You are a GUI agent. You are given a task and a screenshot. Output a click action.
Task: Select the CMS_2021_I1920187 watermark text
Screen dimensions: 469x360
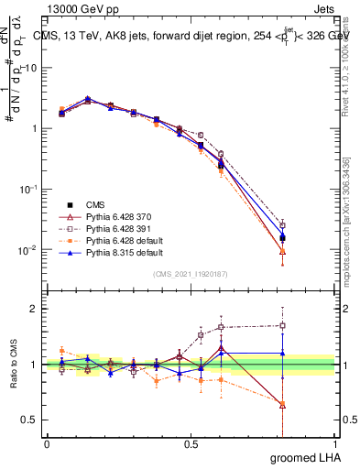tap(190, 273)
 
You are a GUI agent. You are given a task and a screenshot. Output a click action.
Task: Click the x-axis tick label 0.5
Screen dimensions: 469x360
tap(191, 444)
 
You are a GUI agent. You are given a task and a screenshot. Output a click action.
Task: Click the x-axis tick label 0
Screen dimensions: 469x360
tap(47, 444)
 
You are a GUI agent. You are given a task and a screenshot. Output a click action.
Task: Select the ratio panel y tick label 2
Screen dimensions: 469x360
tap(35, 309)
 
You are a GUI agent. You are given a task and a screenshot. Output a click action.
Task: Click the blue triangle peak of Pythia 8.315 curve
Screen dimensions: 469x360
tap(87, 98)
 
